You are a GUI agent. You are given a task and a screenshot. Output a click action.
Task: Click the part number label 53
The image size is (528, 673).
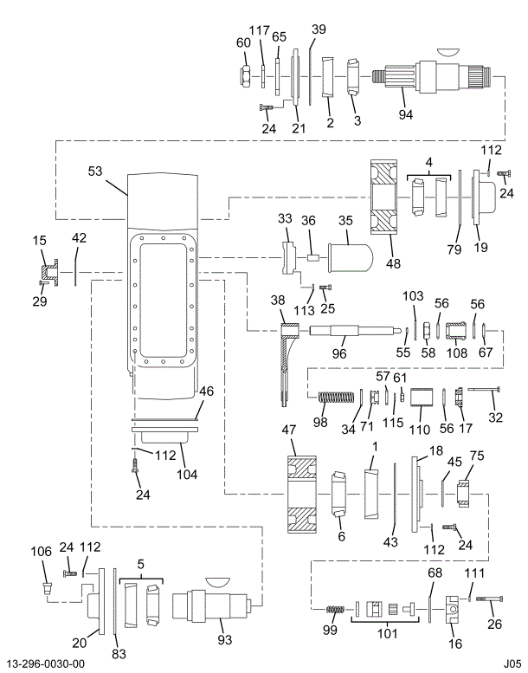(x=94, y=171)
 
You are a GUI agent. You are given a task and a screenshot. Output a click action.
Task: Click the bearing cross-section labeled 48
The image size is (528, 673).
(x=382, y=198)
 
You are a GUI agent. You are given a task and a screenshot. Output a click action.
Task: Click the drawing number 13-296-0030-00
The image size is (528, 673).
(x=44, y=663)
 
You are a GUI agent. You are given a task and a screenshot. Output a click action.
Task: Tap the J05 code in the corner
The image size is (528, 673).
(x=512, y=663)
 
